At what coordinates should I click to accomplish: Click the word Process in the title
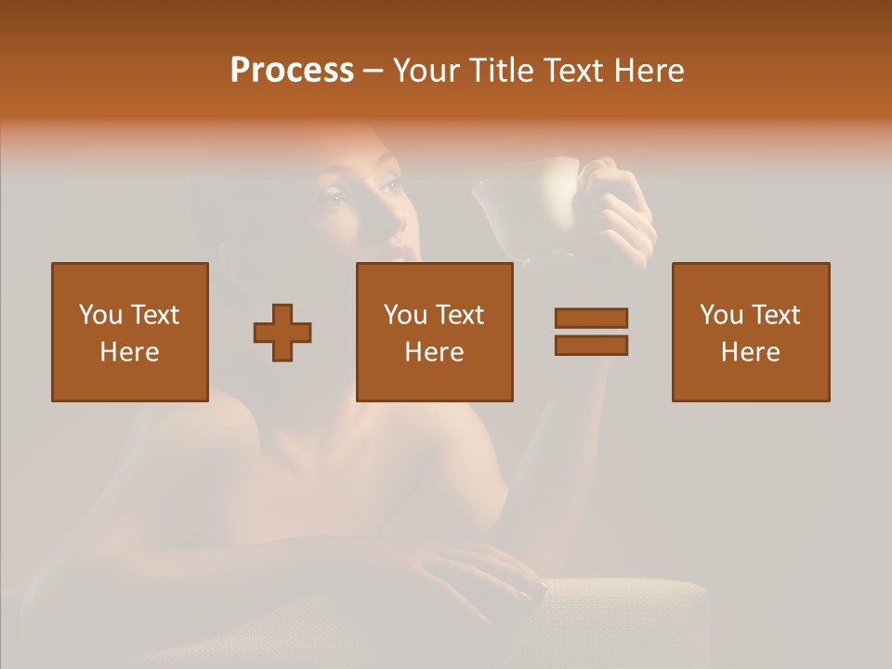pos(292,71)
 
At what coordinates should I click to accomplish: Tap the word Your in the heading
pos(426,71)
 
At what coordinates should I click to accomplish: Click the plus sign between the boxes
pos(282,332)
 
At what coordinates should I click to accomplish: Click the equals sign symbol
pos(591,332)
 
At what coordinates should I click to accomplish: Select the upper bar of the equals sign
pos(591,318)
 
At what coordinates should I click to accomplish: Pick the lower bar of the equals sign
pos(591,346)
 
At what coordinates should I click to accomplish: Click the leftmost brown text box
pos(130,332)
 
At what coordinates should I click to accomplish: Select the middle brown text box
pos(434,332)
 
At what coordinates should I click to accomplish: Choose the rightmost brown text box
pos(751,332)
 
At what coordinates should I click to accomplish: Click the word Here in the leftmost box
pos(130,352)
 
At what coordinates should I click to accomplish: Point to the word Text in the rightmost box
pos(773,315)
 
